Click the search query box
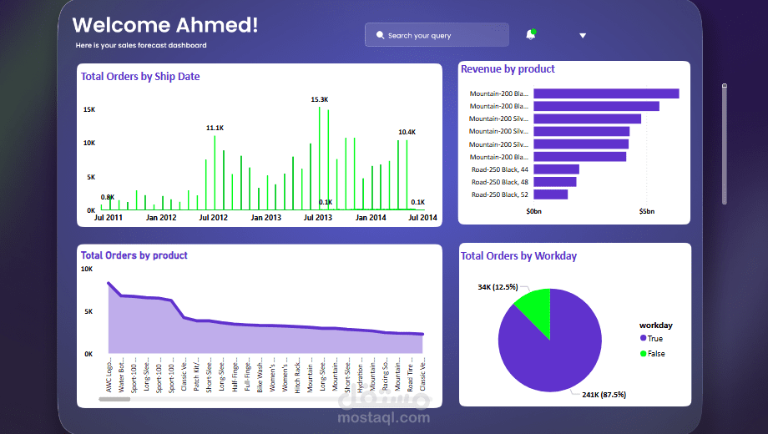click(436, 35)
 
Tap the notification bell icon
click(531, 35)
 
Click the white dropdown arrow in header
click(583, 36)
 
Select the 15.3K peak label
click(320, 99)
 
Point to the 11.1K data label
click(215, 128)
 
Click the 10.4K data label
click(407, 132)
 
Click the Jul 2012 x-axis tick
click(214, 218)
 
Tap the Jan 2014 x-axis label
click(371, 218)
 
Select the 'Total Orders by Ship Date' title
click(140, 77)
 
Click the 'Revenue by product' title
click(508, 69)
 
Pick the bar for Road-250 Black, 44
click(556, 169)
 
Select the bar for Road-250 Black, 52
click(550, 194)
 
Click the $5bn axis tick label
click(647, 212)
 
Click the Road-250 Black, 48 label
click(499, 182)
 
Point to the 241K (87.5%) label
click(604, 394)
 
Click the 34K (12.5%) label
click(498, 287)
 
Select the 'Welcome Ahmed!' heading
click(165, 25)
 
